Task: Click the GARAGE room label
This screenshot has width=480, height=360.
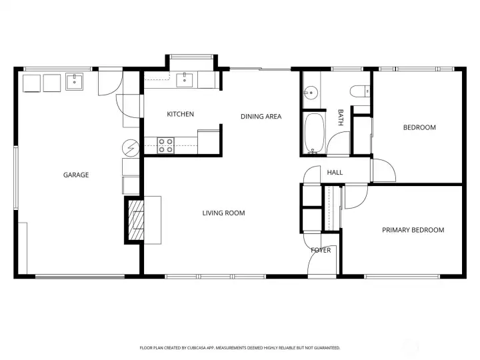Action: click(76, 175)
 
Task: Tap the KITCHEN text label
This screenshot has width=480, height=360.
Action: click(180, 114)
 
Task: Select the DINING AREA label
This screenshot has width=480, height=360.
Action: click(261, 117)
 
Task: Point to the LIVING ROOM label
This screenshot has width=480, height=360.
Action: click(223, 213)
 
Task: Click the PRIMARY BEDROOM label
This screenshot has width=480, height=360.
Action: click(413, 230)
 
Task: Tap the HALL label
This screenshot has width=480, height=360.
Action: click(335, 173)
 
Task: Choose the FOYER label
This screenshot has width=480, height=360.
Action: click(321, 250)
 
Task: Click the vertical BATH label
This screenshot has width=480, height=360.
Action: click(340, 118)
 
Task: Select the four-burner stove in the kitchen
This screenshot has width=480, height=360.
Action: click(165, 145)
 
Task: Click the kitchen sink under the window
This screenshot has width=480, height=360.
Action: click(185, 80)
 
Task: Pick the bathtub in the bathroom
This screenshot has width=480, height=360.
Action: click(314, 133)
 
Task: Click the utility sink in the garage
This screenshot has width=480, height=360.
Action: click(74, 82)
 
